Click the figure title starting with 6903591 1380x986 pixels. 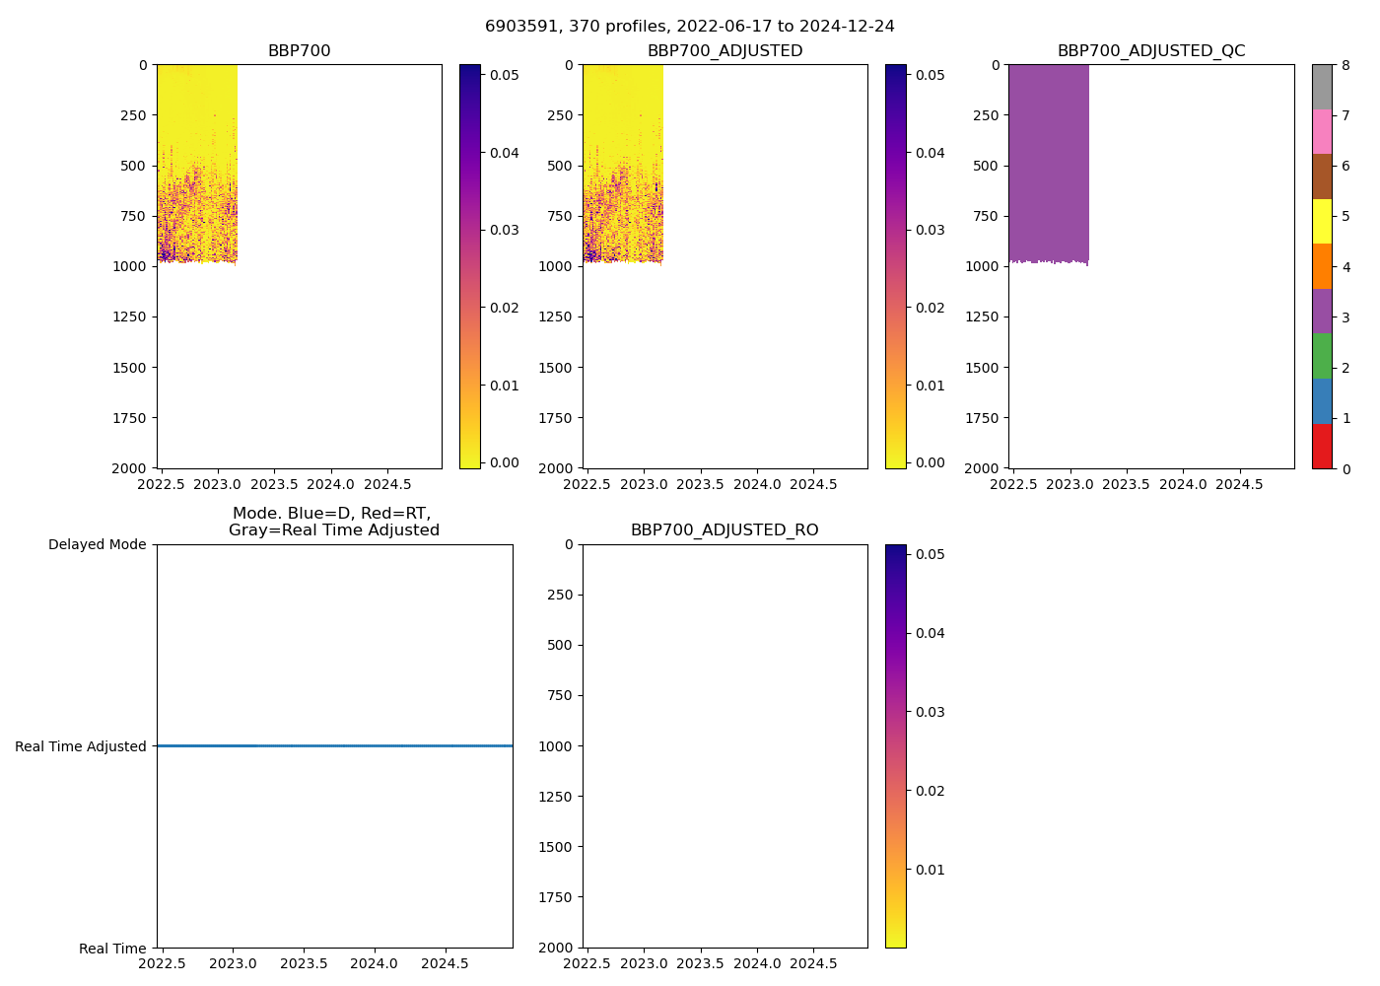point(689,27)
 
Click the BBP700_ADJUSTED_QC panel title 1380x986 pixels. point(1151,51)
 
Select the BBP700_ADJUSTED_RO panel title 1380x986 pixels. point(724,530)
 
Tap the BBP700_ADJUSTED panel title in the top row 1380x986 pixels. point(724,51)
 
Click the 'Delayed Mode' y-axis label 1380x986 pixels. point(97,544)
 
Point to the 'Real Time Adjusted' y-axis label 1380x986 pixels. point(81,746)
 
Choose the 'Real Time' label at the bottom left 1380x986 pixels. point(112,949)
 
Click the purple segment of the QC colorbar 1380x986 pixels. point(1322,311)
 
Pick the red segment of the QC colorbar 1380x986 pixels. point(1322,447)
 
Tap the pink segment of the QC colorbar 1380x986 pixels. point(1322,131)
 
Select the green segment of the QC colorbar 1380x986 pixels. point(1322,356)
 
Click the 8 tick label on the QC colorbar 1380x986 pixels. point(1346,66)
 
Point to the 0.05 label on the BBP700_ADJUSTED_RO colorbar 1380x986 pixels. point(931,554)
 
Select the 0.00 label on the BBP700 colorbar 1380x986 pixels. point(505,462)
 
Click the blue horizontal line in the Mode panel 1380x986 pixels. point(334,746)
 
